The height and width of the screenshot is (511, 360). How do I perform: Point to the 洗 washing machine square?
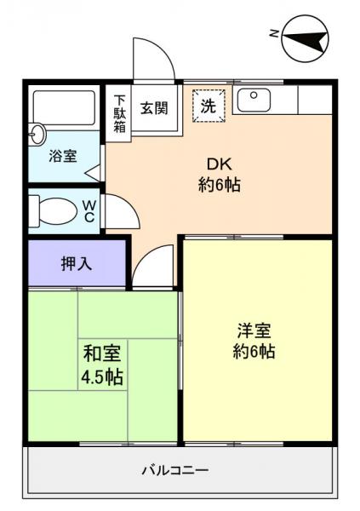(x=207, y=106)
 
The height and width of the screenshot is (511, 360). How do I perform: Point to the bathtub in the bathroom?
(x=64, y=109)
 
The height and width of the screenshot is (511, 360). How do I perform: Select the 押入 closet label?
(x=76, y=263)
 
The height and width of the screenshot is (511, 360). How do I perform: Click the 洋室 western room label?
(x=255, y=330)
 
